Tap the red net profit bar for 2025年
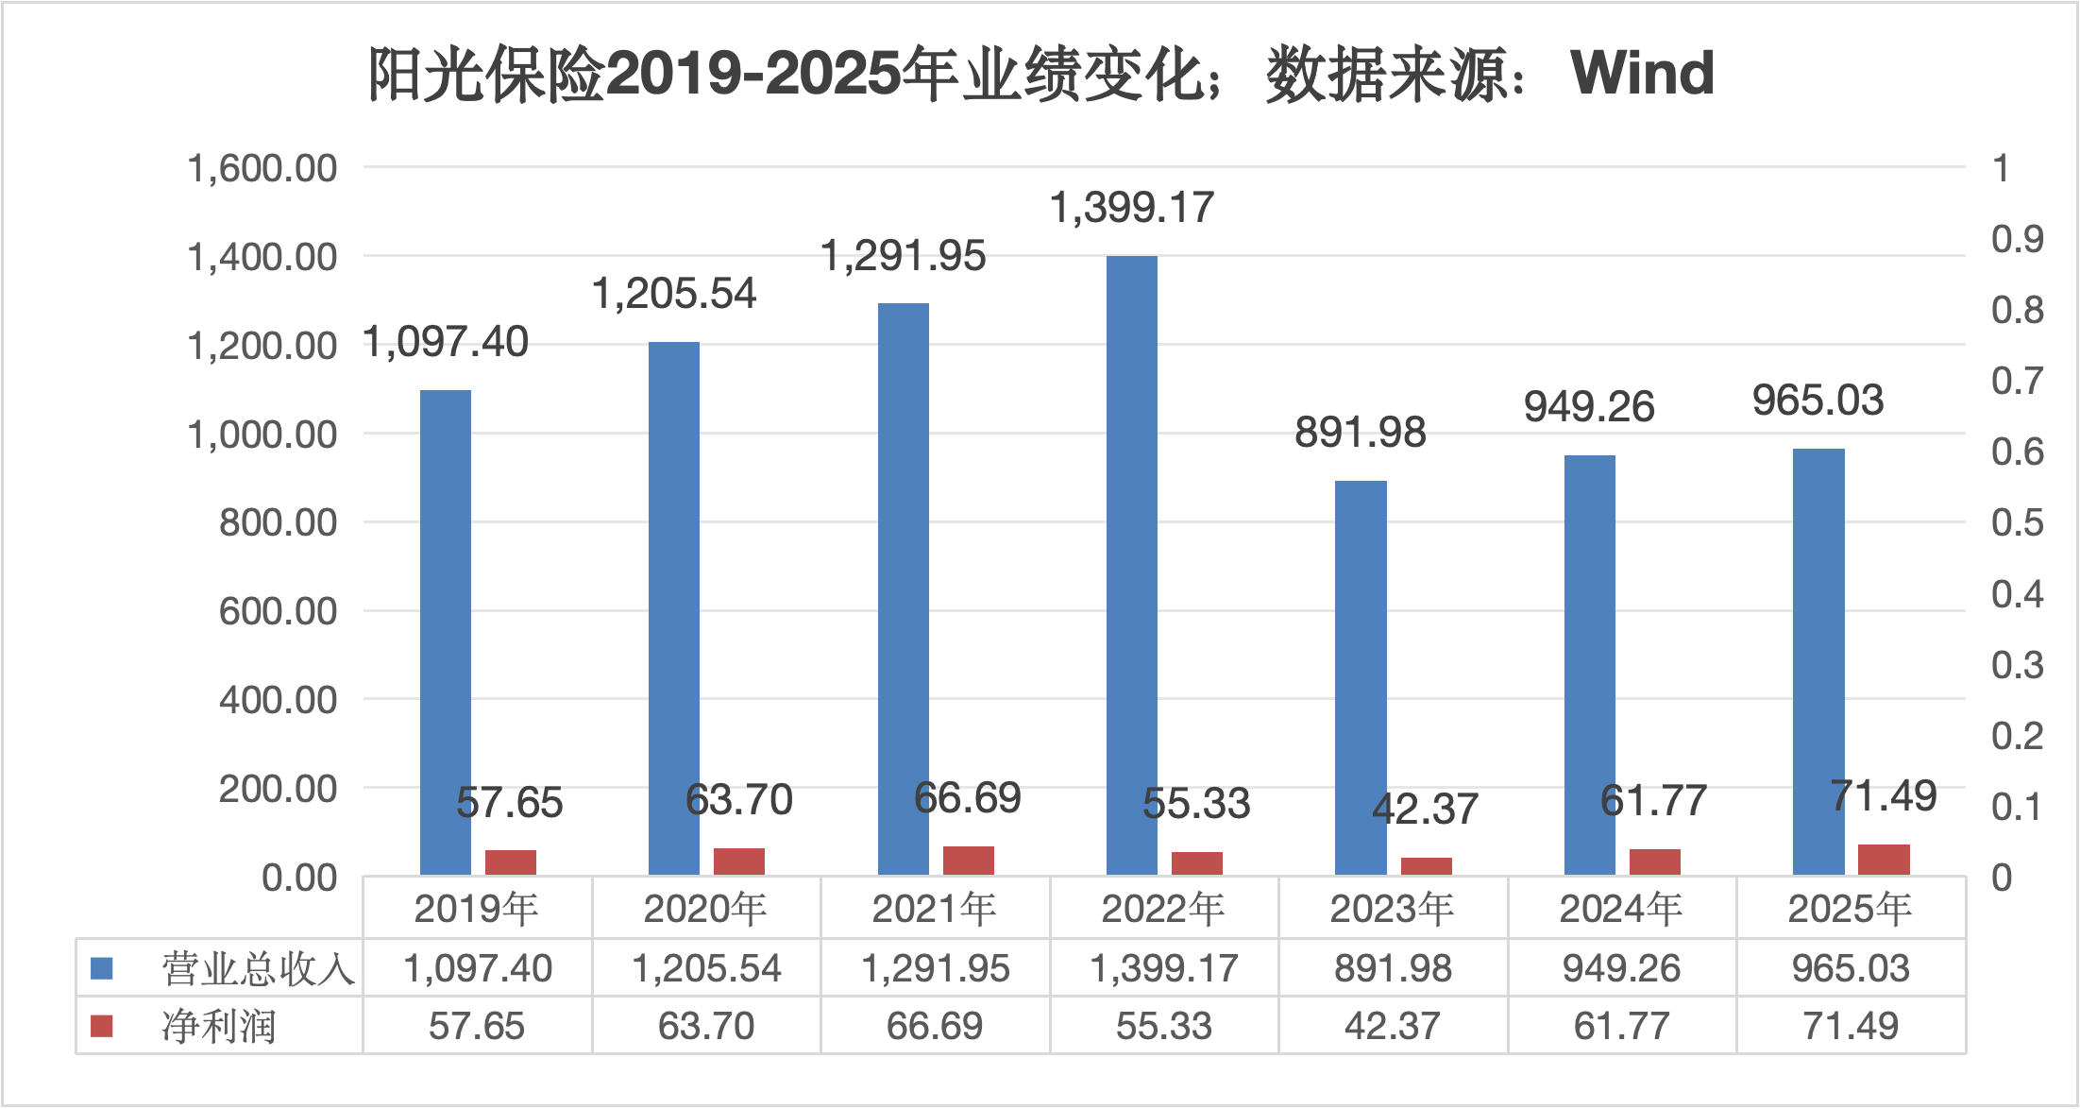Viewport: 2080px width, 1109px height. pyautogui.click(x=1884, y=860)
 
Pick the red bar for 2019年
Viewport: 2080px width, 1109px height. pyautogui.click(x=510, y=862)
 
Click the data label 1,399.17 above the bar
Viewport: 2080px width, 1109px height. pyautogui.click(x=1131, y=208)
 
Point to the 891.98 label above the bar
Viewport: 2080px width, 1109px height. pyautogui.click(x=1360, y=433)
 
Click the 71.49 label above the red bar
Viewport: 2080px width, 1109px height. pyautogui.click(x=1883, y=795)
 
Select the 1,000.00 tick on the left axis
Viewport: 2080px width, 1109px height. pyautogui.click(x=262, y=435)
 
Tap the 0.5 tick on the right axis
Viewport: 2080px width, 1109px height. pyautogui.click(x=2017, y=522)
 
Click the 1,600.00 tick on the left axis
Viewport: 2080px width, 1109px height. pyautogui.click(x=262, y=168)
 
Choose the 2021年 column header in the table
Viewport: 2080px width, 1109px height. pyautogui.click(x=934, y=909)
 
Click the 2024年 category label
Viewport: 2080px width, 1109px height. pyautogui.click(x=1621, y=909)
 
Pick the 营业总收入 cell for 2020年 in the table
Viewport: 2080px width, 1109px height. pyautogui.click(x=706, y=968)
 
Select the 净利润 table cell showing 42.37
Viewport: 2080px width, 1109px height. pyautogui.click(x=1393, y=1026)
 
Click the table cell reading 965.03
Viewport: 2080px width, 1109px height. pyautogui.click(x=1851, y=968)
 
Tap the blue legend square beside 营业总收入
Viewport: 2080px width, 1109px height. pyautogui.click(x=102, y=968)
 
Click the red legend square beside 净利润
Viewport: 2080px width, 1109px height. pyautogui.click(x=102, y=1026)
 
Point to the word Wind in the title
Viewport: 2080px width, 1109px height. pyautogui.click(x=1642, y=73)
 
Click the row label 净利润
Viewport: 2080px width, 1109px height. pyautogui.click(x=218, y=1026)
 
